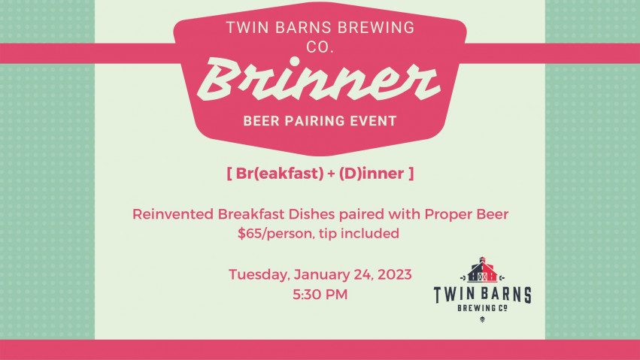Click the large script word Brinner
319,79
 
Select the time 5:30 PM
320,295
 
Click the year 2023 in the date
394,274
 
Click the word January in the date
321,275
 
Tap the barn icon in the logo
483,270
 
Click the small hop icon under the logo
483,319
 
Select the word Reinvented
173,214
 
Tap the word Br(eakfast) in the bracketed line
280,174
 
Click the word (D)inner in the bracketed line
371,174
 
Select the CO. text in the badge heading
320,47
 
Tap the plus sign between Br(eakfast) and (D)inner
331,174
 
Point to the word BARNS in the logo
506,295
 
